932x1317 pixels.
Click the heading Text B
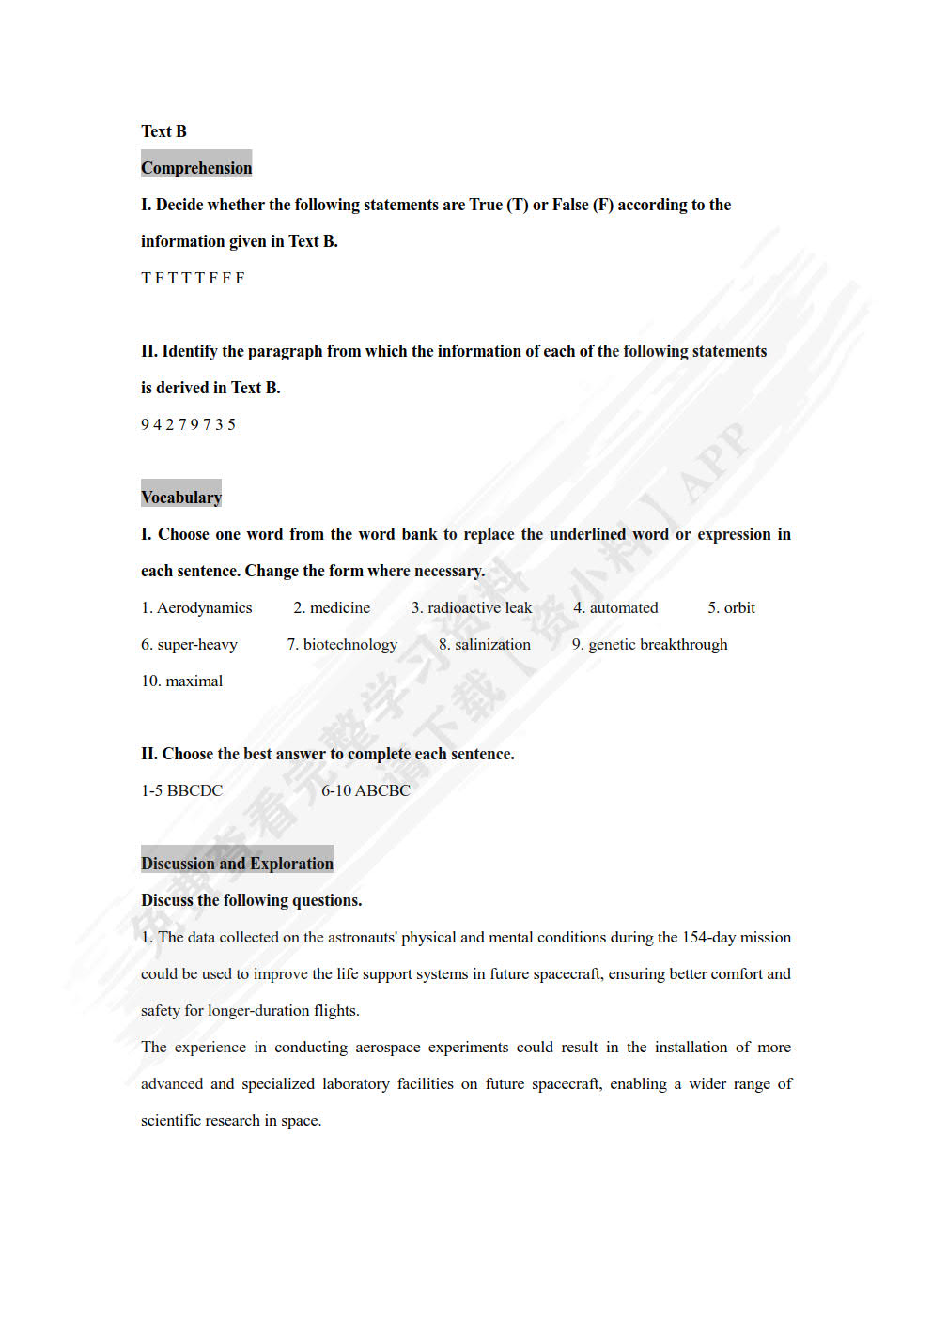click(163, 131)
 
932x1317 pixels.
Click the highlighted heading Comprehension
click(196, 168)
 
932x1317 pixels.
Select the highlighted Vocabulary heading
click(181, 498)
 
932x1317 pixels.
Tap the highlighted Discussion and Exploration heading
click(237, 864)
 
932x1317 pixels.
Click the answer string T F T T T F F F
click(193, 278)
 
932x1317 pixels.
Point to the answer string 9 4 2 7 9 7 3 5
click(188, 424)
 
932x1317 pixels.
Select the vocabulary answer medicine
click(339, 608)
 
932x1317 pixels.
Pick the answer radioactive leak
click(479, 608)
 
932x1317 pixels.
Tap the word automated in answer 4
click(624, 608)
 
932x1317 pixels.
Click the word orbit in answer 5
click(739, 608)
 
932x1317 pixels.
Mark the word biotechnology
click(349, 645)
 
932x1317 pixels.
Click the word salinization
click(492, 645)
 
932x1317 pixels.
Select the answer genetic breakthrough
click(658, 645)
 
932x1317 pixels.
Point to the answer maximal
click(194, 681)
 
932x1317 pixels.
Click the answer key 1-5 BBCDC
click(182, 791)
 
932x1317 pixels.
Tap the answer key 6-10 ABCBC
click(365, 791)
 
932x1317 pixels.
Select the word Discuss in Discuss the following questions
click(167, 901)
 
